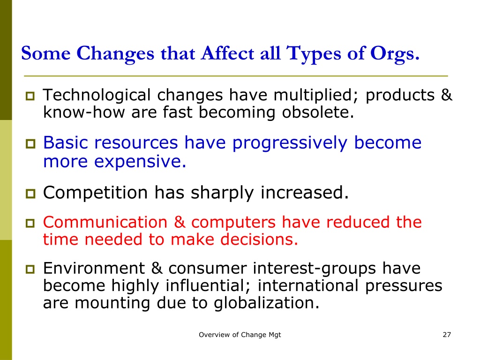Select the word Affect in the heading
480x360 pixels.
coord(227,53)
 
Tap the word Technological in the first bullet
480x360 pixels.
coord(97,95)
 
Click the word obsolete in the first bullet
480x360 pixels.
coord(318,112)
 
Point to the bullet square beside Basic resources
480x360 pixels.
coord(30,143)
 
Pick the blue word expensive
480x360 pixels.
coord(140,162)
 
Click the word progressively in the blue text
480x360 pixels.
coord(290,143)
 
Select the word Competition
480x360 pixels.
coord(96,193)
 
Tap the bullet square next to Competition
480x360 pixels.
coord(30,194)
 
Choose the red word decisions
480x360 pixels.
coord(259,240)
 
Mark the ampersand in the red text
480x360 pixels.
coord(180,222)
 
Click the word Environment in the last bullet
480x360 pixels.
coord(94,268)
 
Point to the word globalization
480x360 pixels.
coord(266,303)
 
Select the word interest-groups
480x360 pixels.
coord(315,269)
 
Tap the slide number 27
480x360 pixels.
coord(447,335)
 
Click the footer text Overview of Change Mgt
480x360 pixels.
coord(240,335)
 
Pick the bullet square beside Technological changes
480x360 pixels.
coord(30,96)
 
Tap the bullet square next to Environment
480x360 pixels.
coord(30,270)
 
